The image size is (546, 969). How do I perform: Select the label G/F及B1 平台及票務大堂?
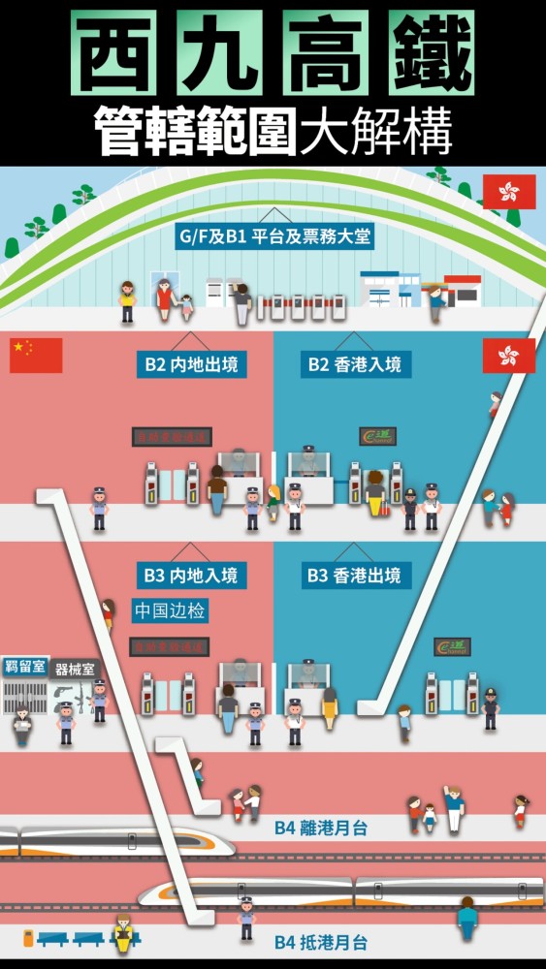[273, 236]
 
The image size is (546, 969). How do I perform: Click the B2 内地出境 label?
[190, 364]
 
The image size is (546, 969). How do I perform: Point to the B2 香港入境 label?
[354, 364]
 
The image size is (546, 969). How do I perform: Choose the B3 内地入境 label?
[190, 575]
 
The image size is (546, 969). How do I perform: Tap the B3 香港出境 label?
[354, 575]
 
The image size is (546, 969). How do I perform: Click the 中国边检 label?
[170, 611]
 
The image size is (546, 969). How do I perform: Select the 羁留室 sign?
[24, 666]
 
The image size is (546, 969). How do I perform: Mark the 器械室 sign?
[76, 669]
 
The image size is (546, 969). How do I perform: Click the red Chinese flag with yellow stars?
[36, 355]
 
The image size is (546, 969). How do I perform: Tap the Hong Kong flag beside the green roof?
[509, 191]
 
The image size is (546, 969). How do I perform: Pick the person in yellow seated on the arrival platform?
[123, 934]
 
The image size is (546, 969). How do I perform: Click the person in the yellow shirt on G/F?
[127, 301]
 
